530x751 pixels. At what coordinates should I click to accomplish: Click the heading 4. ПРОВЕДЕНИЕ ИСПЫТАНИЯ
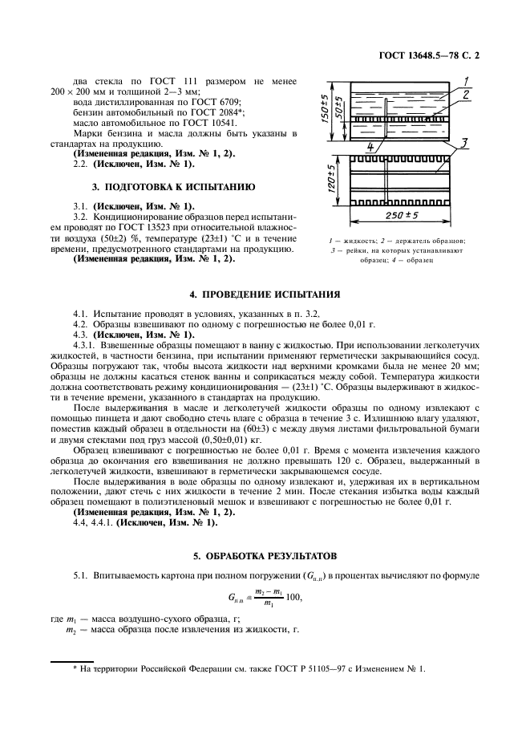[x=264, y=294]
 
